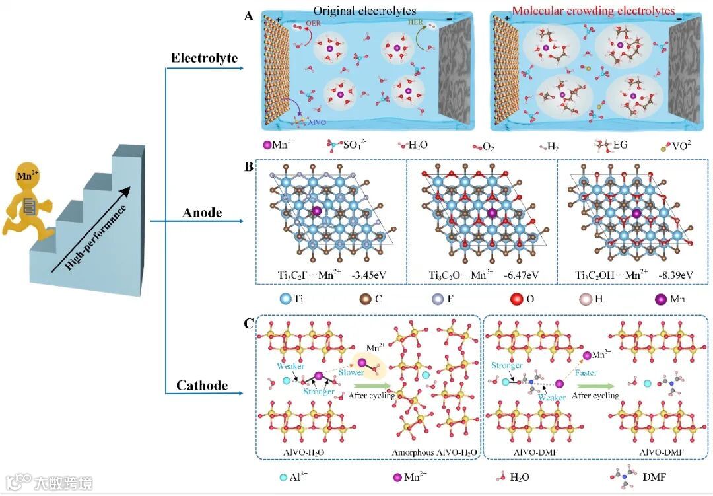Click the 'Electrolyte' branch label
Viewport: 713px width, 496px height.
point(204,58)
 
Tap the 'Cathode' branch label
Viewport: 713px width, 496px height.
point(202,385)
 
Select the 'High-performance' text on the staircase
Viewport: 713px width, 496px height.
point(98,229)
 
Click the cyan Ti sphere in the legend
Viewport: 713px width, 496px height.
point(285,299)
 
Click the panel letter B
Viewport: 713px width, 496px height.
point(248,166)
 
